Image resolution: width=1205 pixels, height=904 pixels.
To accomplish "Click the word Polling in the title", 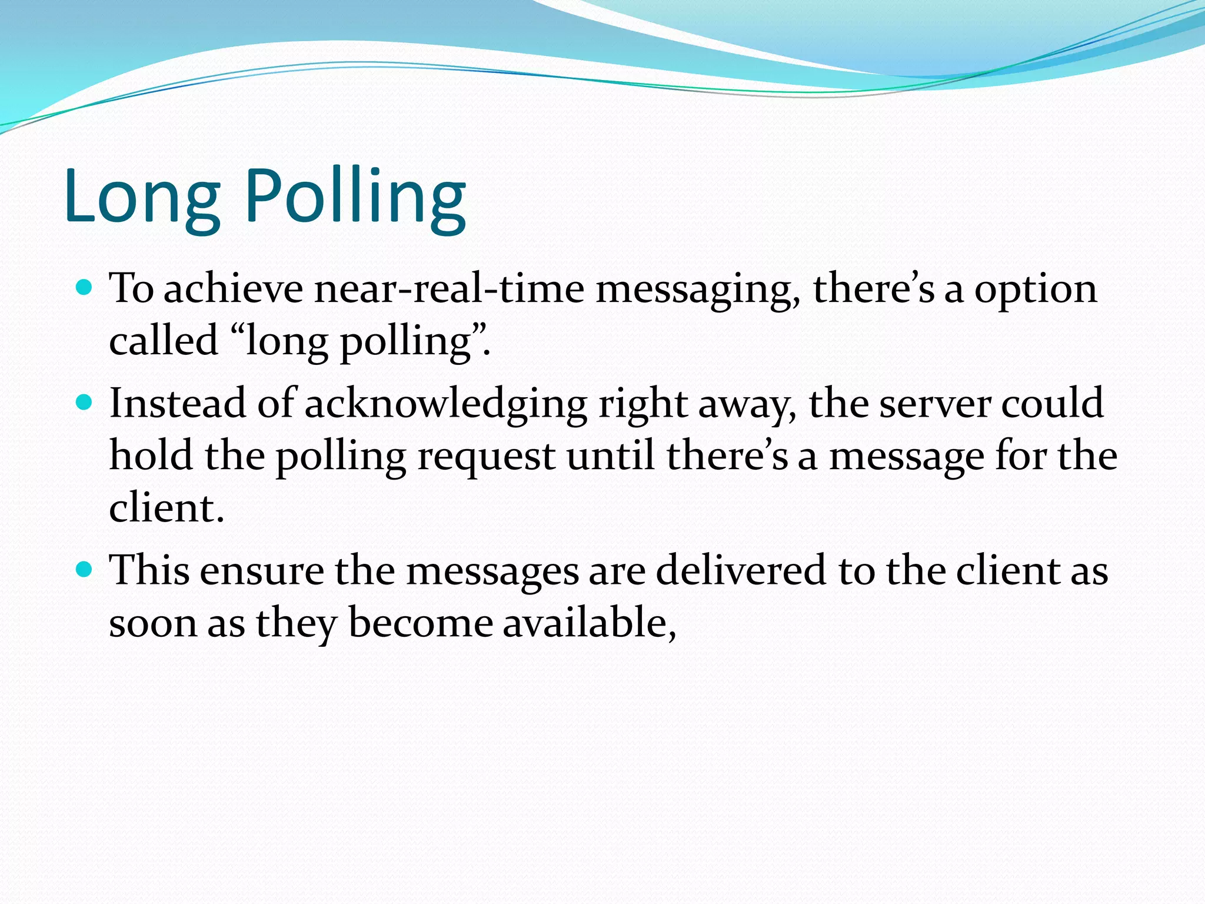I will [355, 197].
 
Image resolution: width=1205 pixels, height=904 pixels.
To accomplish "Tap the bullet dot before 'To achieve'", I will [85, 288].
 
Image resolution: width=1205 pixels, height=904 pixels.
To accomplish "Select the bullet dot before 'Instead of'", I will [85, 403].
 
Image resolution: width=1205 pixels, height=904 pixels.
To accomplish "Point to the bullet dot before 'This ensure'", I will [85, 569].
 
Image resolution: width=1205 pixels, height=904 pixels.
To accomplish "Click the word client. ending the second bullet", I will [167, 508].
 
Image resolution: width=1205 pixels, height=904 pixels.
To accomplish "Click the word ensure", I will [262, 571].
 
